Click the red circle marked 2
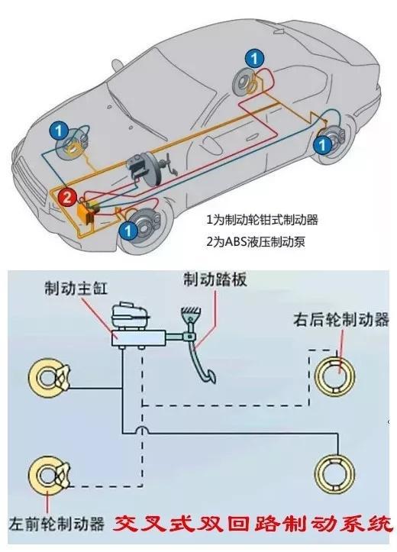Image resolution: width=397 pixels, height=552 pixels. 67,197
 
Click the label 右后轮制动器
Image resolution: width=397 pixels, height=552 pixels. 344,318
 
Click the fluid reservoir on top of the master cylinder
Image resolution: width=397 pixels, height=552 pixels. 126,315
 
